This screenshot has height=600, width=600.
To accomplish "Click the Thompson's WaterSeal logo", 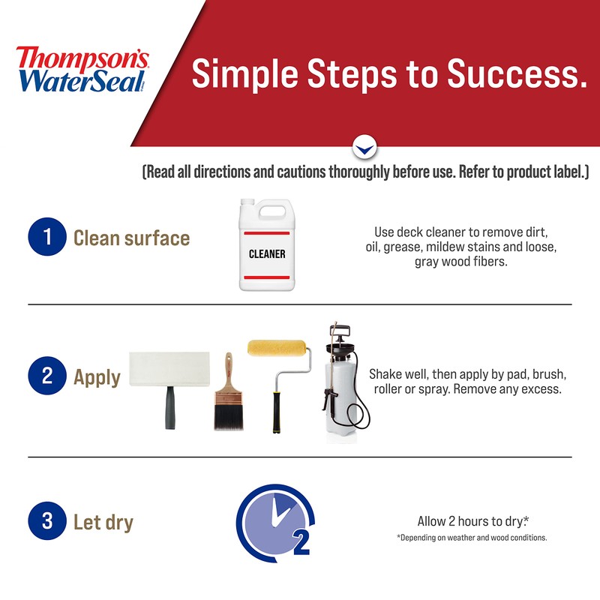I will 82,68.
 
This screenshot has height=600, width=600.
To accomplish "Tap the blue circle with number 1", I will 47,238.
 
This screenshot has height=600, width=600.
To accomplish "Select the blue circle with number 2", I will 47,376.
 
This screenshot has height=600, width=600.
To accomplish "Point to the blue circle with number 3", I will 47,521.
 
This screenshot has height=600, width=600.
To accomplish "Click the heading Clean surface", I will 131,238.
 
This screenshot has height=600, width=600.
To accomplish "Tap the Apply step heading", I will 97,376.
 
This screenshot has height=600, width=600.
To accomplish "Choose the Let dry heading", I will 103,522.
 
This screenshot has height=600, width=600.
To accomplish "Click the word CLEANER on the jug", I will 267,253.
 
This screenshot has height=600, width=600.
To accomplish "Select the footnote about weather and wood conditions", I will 472,538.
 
